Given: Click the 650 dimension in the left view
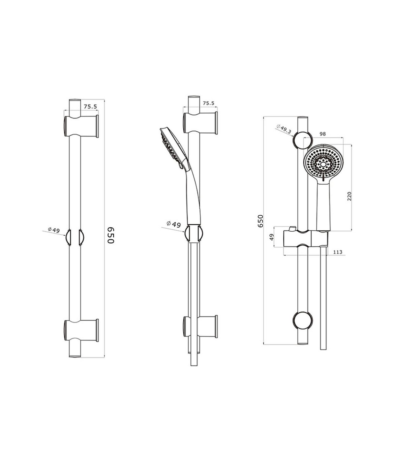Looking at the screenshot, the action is pos(111,235).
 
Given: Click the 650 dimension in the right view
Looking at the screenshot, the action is pos(261,221).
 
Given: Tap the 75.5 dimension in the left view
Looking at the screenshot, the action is pos(91,106).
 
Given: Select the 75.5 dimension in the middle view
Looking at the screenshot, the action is pos(209,103).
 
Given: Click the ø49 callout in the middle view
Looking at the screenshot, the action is pos(174,224).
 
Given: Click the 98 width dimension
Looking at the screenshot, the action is pos(322,134).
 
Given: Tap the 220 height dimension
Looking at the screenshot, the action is pos(349,196).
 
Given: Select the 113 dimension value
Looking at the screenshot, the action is pos(338,252).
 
